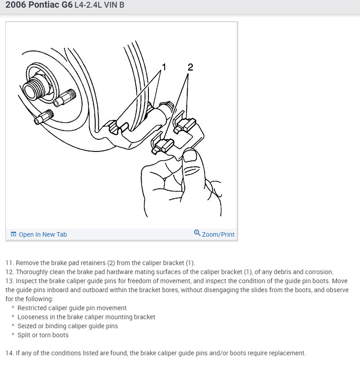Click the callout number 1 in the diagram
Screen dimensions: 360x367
[164, 67]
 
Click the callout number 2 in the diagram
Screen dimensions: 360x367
[190, 67]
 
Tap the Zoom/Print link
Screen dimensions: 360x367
[218, 234]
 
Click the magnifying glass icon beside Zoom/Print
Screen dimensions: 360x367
[197, 233]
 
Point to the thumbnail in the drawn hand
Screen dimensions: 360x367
[190, 156]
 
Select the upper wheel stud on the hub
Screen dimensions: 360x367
[65, 98]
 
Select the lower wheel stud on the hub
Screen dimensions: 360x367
[44, 117]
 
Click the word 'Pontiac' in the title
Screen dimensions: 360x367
[44, 5]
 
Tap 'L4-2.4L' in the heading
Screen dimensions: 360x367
[88, 5]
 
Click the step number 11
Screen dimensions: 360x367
[9, 263]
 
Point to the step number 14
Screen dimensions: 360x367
[9, 353]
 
